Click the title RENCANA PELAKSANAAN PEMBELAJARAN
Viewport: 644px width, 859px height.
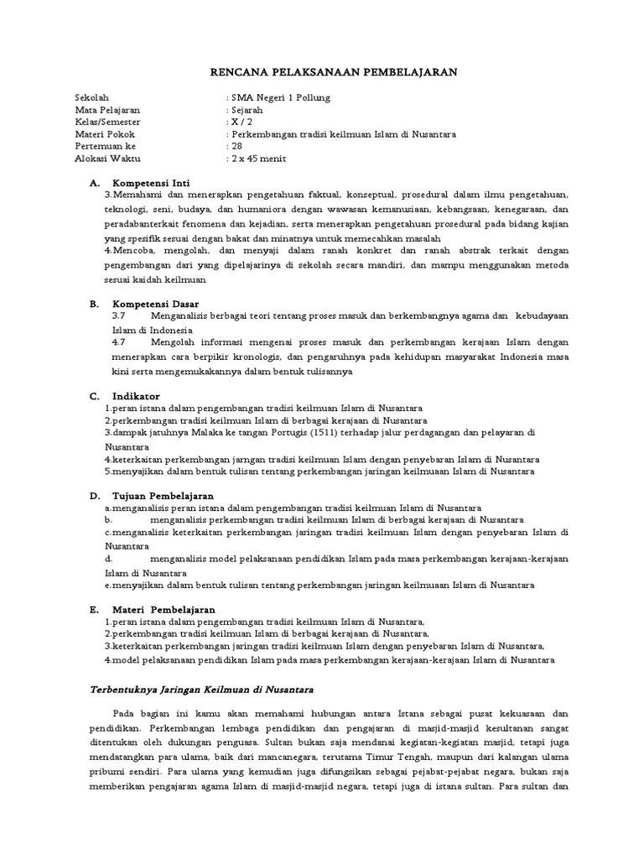(333, 73)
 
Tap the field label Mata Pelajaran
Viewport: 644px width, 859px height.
(108, 110)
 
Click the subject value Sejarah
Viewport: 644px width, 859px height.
(247, 110)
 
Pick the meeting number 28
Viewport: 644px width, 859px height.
(237, 146)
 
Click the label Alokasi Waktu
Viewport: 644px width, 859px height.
(107, 158)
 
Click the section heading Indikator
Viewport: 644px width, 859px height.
(136, 396)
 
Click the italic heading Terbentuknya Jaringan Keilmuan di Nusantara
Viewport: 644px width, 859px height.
(201, 690)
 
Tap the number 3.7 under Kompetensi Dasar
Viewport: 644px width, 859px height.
(118, 315)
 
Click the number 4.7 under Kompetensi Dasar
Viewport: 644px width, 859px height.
(118, 341)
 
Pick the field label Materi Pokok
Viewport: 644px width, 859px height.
(104, 134)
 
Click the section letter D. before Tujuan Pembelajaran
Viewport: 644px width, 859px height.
(95, 496)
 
